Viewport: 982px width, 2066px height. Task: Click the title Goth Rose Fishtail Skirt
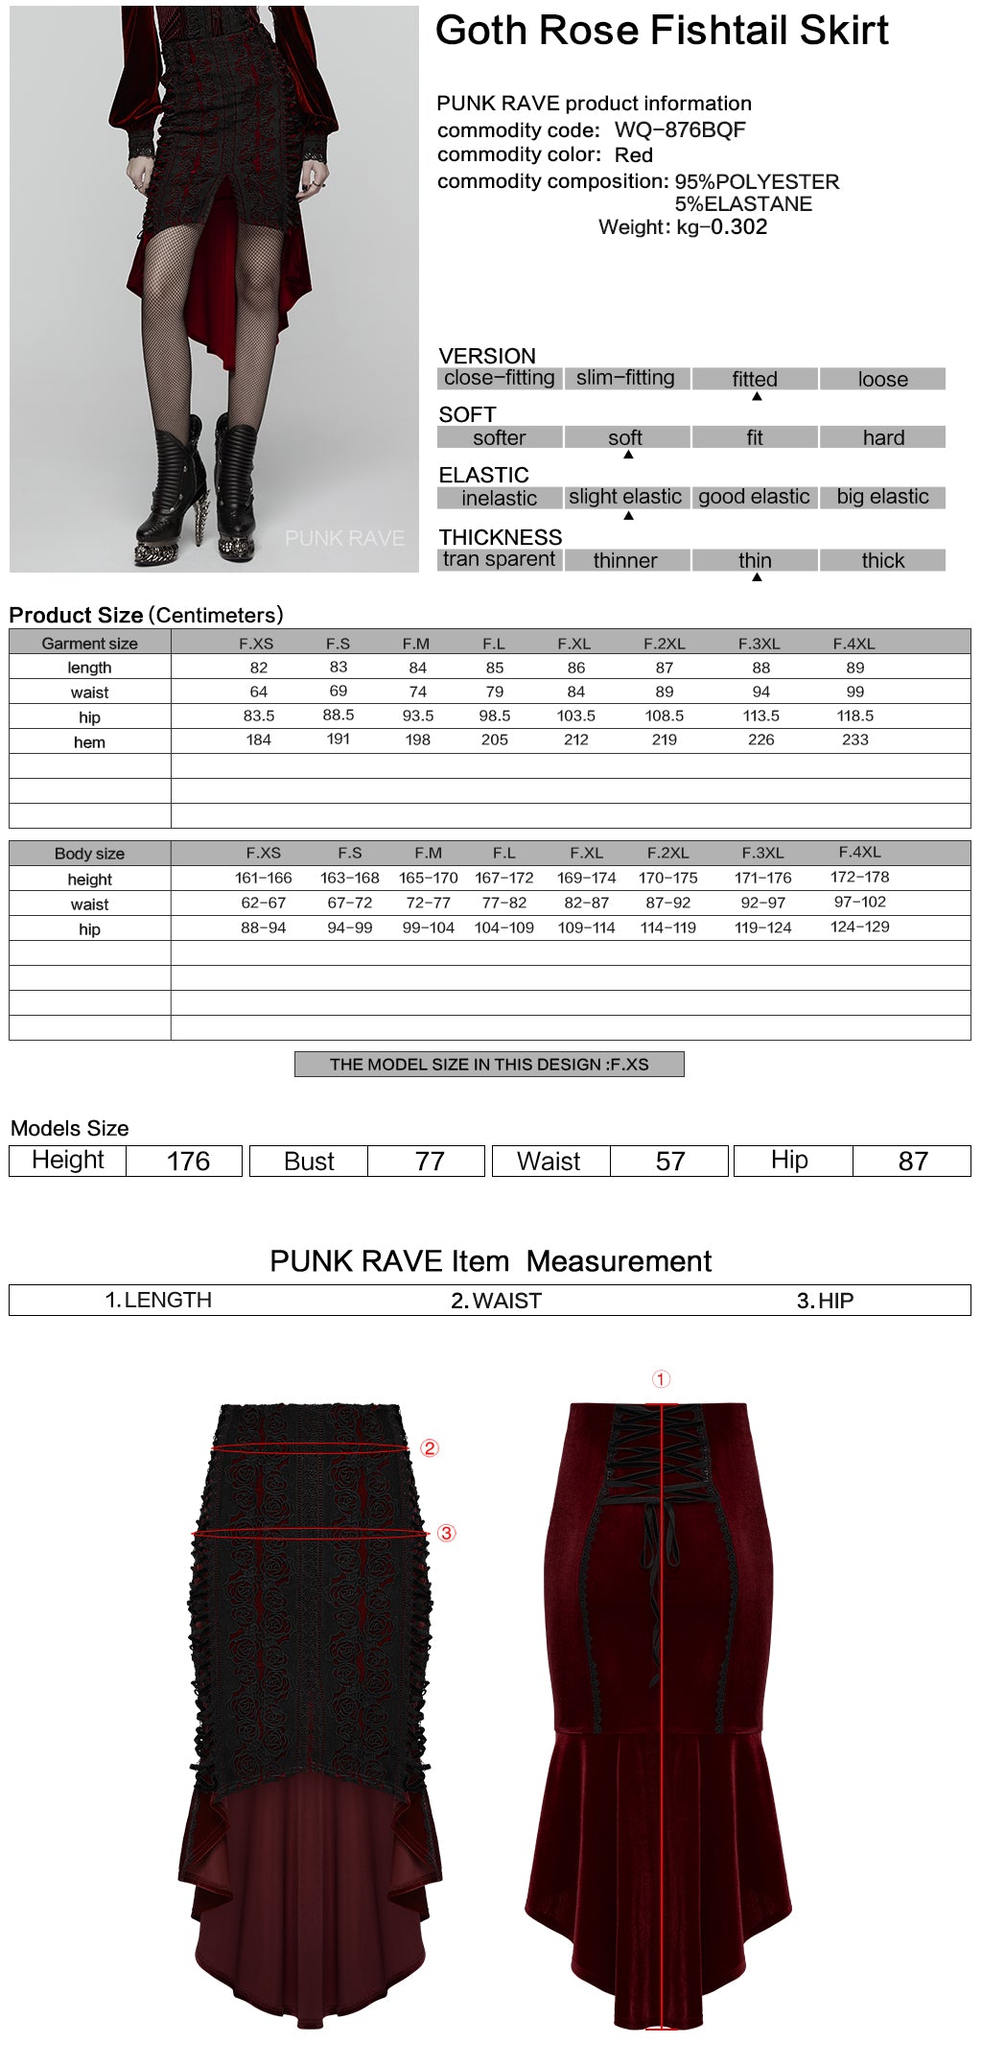click(662, 31)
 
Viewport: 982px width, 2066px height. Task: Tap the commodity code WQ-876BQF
click(679, 129)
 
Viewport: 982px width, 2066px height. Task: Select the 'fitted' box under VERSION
click(755, 379)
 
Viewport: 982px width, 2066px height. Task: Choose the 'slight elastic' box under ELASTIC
click(625, 497)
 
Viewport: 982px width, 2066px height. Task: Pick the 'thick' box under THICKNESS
click(882, 560)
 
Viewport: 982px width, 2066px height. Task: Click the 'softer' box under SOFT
click(499, 438)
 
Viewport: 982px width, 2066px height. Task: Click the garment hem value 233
click(854, 740)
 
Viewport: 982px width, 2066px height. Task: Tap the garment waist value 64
click(259, 692)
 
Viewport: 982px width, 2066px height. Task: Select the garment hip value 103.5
click(575, 716)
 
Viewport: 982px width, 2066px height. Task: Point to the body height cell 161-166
click(264, 878)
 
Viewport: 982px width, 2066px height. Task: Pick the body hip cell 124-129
click(859, 927)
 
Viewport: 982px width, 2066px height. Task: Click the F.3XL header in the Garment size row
click(759, 644)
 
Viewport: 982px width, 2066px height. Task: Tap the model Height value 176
click(188, 1162)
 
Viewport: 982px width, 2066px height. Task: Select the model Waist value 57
click(670, 1162)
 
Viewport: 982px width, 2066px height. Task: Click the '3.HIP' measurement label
click(825, 1301)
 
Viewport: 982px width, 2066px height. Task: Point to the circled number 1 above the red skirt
click(661, 1379)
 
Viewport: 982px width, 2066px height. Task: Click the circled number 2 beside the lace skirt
click(430, 1448)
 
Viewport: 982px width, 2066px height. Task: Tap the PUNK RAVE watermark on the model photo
click(344, 538)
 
